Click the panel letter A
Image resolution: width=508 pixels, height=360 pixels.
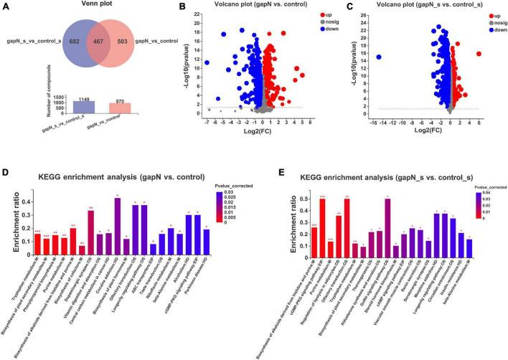point(6,6)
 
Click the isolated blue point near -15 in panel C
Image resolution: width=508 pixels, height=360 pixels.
point(379,57)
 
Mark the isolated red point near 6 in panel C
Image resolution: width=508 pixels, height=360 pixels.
point(479,54)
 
